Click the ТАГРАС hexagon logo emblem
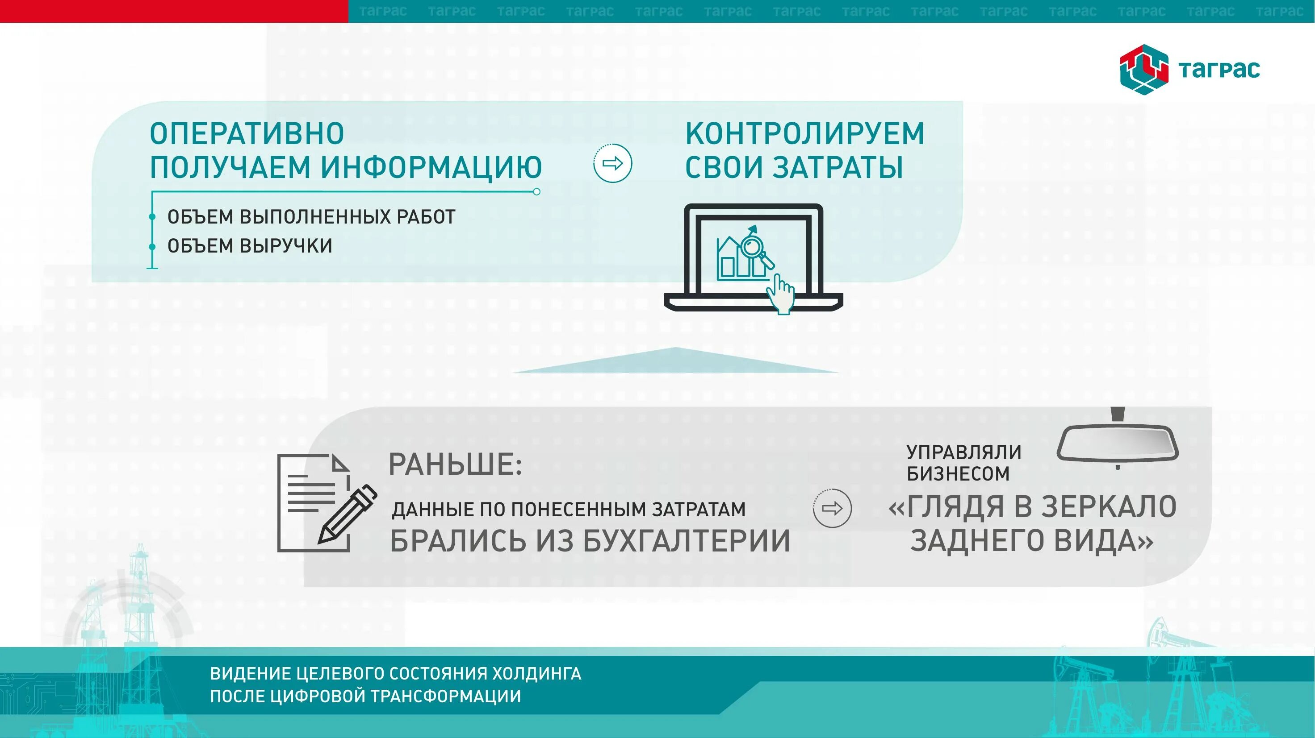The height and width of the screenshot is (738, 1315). pos(1144,70)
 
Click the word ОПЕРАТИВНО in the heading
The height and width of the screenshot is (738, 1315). pos(247,133)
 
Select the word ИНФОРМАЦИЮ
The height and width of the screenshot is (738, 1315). pos(431,167)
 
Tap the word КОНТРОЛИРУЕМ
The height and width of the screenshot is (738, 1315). pos(804,133)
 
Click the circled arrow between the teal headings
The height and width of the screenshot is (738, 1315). pos(612,163)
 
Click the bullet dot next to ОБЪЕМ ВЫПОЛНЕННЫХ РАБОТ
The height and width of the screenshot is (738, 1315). pos(152,217)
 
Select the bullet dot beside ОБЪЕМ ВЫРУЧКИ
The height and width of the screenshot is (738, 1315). pos(152,247)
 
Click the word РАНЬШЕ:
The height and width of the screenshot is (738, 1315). pos(455,464)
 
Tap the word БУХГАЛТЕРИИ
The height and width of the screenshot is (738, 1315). pos(687,541)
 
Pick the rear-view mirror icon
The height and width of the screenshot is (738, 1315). pos(1118,442)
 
